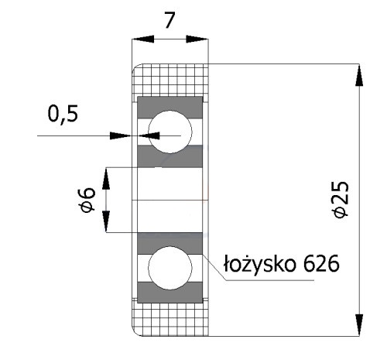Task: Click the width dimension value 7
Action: [170, 20]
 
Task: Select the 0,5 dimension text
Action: [63, 114]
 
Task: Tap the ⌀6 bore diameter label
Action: [87, 200]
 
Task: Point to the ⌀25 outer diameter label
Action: [341, 200]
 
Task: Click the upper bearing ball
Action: [170, 132]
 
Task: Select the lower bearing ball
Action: [170, 268]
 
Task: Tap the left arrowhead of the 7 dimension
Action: [143, 39]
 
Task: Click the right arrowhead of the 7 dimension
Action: [197, 39]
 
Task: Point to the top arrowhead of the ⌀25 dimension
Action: [359, 75]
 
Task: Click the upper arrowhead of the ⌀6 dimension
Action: [106, 179]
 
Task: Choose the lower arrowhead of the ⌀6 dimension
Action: [106, 221]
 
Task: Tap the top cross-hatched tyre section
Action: [170, 80]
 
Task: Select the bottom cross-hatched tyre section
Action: [170, 320]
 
